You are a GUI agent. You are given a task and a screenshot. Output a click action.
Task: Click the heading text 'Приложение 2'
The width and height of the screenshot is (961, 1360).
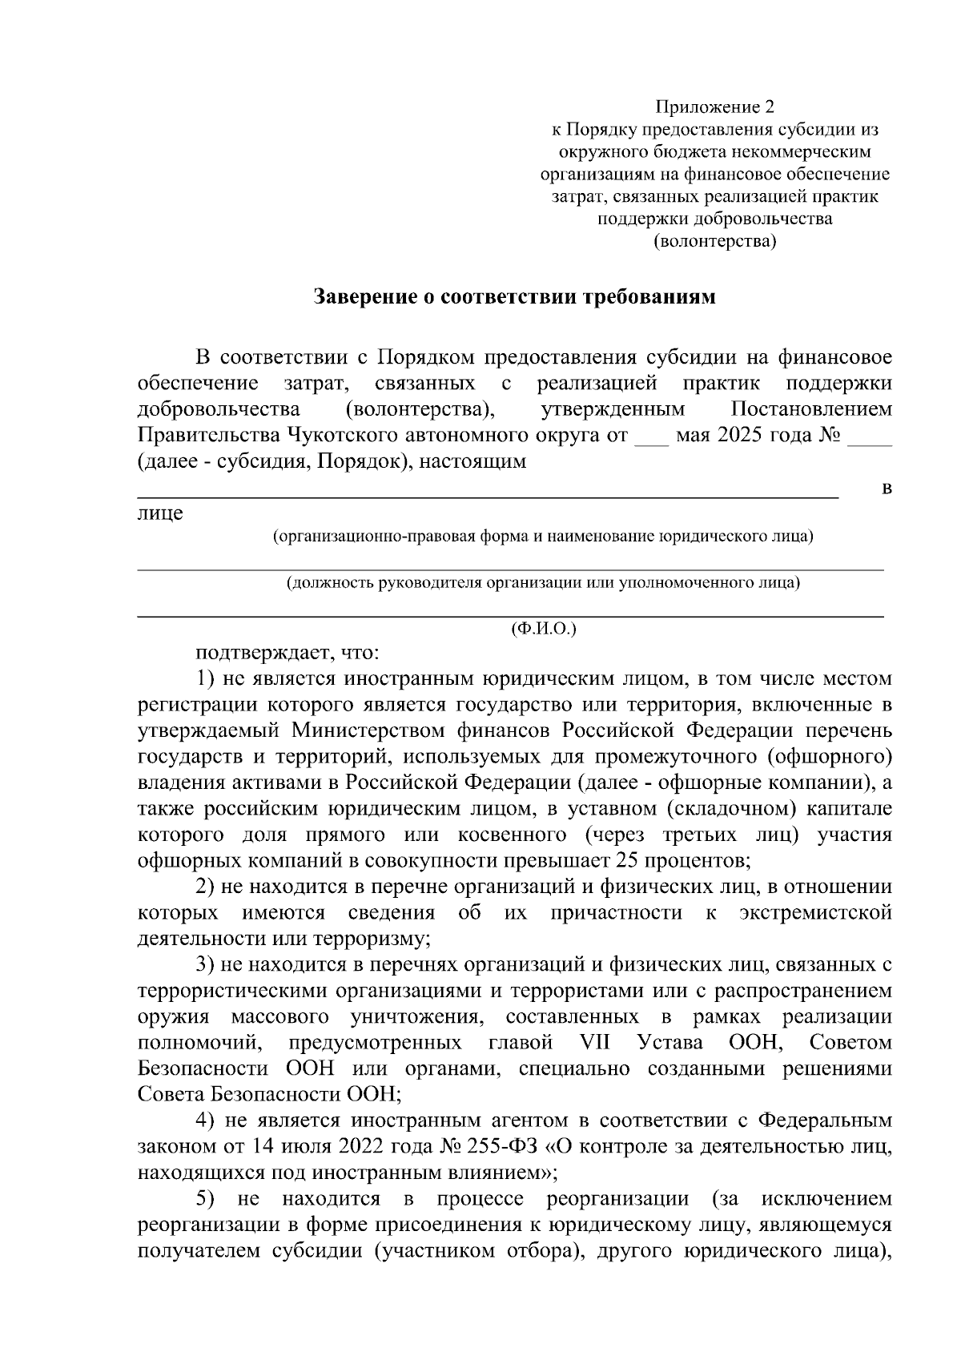point(716,107)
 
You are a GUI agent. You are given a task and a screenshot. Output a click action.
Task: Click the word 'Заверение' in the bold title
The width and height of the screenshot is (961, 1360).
point(364,297)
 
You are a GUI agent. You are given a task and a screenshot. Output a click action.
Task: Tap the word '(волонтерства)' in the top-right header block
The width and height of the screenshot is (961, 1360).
point(716,240)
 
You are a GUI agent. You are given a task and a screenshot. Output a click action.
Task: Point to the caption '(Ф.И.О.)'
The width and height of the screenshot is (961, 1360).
point(544,629)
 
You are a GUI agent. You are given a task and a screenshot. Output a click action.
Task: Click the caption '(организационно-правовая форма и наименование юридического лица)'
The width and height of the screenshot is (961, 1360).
point(544,536)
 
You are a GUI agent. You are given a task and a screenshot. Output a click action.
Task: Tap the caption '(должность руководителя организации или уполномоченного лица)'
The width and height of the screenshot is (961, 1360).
point(544,582)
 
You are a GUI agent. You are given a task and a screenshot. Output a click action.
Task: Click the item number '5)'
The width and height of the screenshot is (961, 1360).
point(207,1199)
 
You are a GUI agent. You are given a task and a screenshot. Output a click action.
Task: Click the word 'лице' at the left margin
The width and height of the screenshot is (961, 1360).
point(160,513)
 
